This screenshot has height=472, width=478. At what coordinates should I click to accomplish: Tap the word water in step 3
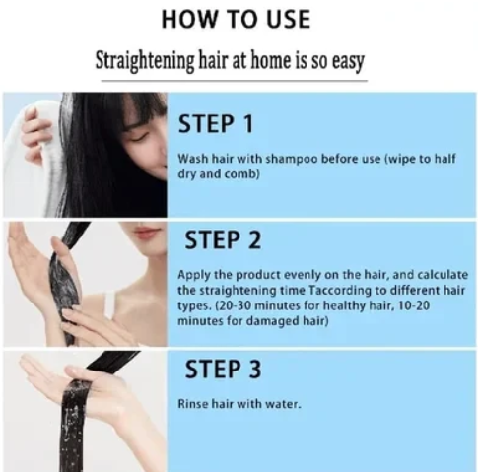pos(281,404)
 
